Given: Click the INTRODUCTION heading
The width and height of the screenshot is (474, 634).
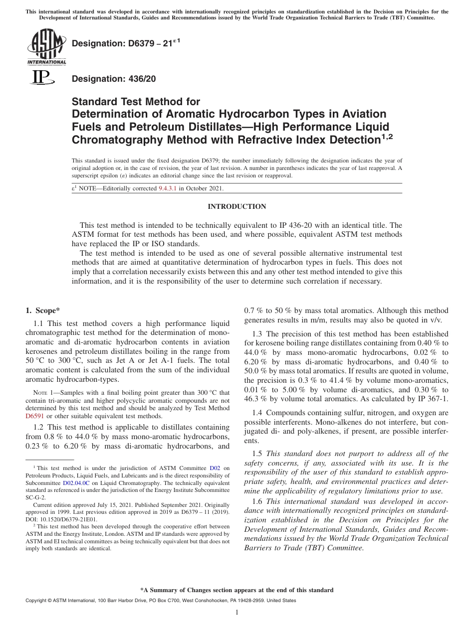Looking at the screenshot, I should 237,206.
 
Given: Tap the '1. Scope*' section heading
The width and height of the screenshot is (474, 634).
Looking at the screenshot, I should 43,311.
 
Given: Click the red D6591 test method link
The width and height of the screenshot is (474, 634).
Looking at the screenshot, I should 35,416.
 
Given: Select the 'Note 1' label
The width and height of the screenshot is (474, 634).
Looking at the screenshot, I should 43,393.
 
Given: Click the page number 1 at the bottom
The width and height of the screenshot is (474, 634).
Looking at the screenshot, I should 237,613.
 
